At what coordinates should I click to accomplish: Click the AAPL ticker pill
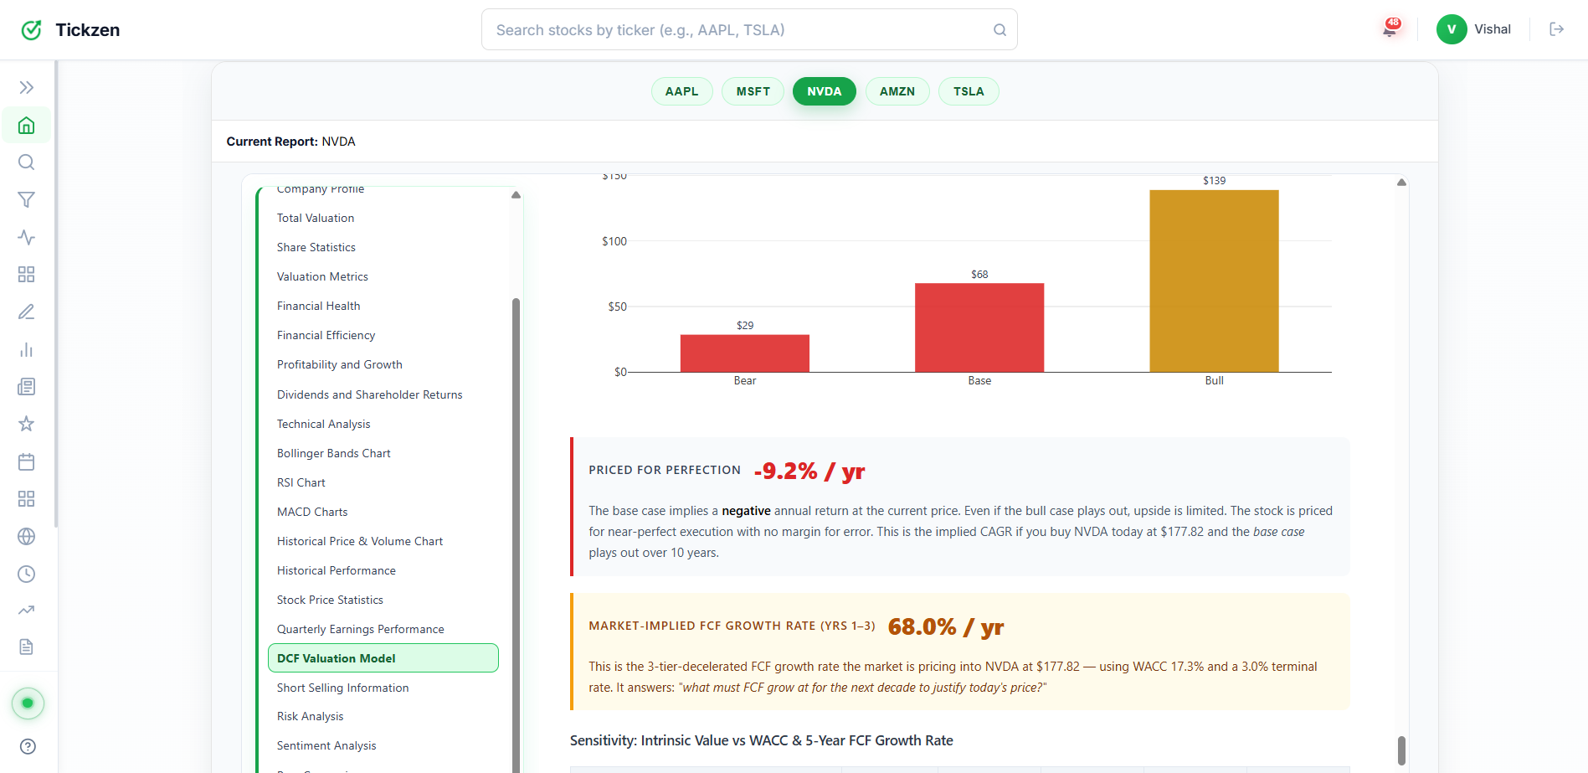[x=681, y=91]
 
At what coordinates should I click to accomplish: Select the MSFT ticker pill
[x=753, y=91]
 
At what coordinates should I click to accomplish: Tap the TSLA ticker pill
[x=969, y=91]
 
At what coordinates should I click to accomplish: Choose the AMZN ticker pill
[x=897, y=91]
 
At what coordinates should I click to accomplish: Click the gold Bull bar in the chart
[x=1214, y=281]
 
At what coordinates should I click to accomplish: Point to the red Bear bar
[x=744, y=353]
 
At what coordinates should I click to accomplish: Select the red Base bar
[x=979, y=327]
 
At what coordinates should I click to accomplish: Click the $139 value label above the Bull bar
[x=1214, y=181]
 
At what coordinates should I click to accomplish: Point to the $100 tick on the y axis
[x=614, y=241]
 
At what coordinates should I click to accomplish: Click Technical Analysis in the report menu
[x=323, y=424]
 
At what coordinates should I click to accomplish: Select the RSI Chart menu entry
[x=301, y=482]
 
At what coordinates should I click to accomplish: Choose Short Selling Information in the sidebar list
[x=342, y=688]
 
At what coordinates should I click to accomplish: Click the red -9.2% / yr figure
[x=809, y=472]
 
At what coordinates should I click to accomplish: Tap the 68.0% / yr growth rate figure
[x=945, y=627]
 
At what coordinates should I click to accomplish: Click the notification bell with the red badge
[x=1390, y=29]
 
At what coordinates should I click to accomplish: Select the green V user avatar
[x=1451, y=29]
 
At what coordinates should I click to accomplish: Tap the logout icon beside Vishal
[x=1556, y=29]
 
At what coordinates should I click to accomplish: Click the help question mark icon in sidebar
[x=28, y=746]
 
